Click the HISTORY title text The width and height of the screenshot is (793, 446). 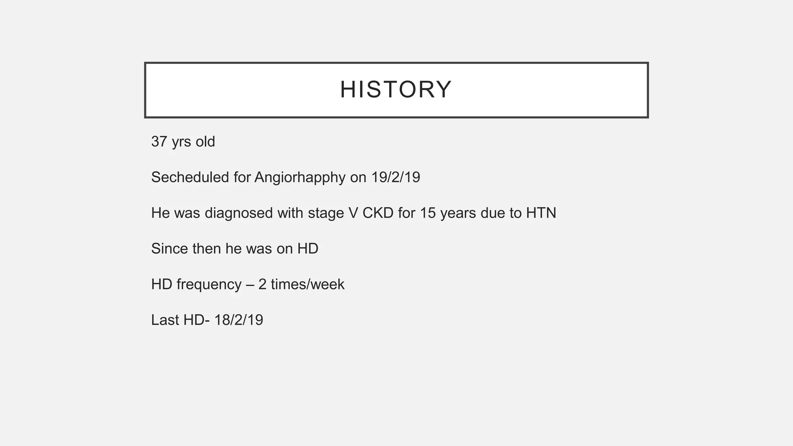(x=396, y=89)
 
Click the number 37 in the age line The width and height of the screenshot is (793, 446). (x=159, y=142)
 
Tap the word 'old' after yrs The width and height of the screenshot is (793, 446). (x=205, y=142)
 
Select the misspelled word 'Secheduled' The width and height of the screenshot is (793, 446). (x=190, y=177)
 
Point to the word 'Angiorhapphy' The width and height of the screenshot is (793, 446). (x=300, y=177)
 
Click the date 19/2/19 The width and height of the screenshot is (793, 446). (x=395, y=177)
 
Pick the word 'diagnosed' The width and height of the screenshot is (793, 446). (x=239, y=213)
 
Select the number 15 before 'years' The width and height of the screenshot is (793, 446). (x=428, y=213)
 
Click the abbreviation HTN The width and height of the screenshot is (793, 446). (x=541, y=213)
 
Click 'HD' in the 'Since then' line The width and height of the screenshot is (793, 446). (x=308, y=249)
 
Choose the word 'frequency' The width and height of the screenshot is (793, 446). (x=209, y=285)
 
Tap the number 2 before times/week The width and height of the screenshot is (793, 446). (x=262, y=285)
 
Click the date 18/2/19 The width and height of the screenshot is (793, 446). (x=239, y=320)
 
